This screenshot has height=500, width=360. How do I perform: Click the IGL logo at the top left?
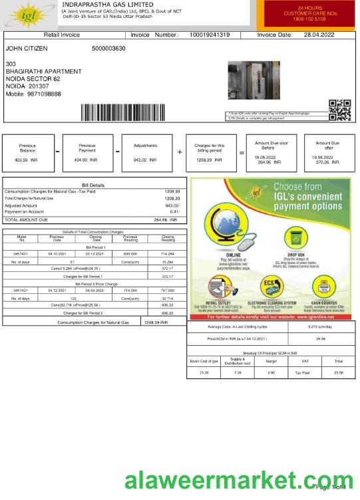point(29,14)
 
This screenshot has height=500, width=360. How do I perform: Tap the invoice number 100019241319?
point(210,35)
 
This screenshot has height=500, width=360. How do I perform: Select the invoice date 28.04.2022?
point(319,35)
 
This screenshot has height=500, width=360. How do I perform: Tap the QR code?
point(339,110)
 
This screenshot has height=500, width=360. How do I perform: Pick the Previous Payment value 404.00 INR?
point(86,160)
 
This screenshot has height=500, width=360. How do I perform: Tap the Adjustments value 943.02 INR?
point(144,160)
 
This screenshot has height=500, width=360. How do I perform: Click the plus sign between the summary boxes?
point(180,152)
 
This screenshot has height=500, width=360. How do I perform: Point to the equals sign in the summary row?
point(242,152)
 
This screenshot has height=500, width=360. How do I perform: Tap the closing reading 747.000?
point(167,291)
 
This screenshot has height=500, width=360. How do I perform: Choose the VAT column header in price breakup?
point(305,362)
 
